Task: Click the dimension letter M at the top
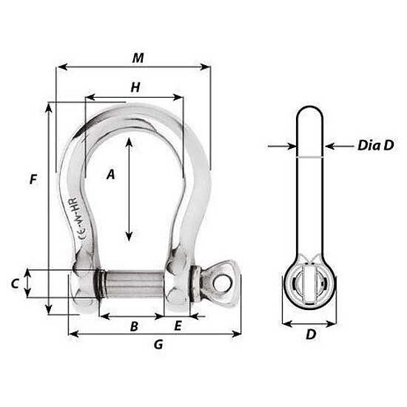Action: [138, 58]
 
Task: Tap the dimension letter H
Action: [135, 87]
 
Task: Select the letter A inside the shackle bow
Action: [111, 174]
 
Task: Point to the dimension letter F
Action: [33, 179]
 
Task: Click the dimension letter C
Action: [15, 283]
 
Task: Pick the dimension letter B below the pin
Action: [134, 326]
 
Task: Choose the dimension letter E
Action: [178, 326]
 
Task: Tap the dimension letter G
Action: [158, 344]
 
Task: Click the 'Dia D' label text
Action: [376, 145]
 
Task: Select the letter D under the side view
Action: [311, 334]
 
